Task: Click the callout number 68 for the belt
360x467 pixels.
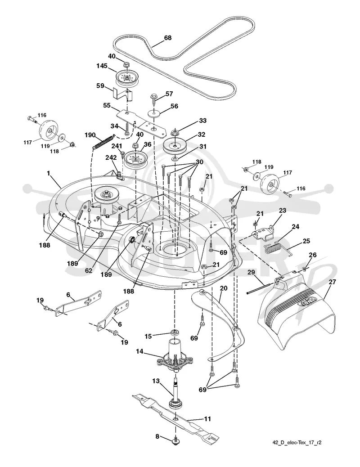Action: click(x=168, y=38)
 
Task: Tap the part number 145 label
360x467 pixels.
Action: click(x=102, y=66)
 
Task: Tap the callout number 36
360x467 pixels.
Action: click(x=148, y=144)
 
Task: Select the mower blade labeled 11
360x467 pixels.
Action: click(x=175, y=418)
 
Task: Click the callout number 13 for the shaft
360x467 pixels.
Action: click(x=156, y=381)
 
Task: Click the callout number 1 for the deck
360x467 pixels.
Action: click(x=49, y=173)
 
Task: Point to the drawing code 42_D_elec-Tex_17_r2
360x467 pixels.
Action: click(x=297, y=442)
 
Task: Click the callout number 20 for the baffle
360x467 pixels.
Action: click(x=224, y=288)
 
